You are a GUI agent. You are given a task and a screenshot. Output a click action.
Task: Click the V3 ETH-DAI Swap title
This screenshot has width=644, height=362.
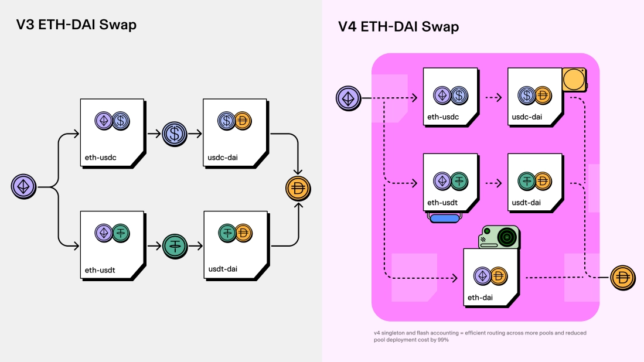click(x=76, y=25)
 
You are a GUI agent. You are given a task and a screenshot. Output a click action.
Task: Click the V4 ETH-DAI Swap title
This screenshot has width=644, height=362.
click(x=398, y=26)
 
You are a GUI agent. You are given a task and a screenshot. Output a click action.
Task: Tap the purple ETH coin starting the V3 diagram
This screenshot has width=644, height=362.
click(x=24, y=187)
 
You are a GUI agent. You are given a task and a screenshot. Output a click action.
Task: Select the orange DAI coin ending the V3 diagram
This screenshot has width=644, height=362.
click(x=298, y=189)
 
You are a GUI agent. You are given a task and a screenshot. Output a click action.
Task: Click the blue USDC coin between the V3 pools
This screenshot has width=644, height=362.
click(x=174, y=134)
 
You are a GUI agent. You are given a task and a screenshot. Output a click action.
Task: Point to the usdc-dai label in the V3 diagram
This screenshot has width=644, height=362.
click(x=223, y=158)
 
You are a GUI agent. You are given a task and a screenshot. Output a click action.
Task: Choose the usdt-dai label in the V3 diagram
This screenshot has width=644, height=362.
click(x=223, y=269)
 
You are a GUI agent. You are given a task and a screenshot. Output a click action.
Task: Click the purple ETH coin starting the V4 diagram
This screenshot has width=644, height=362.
click(x=348, y=98)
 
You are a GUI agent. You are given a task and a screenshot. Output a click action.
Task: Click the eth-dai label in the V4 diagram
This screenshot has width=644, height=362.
click(x=480, y=298)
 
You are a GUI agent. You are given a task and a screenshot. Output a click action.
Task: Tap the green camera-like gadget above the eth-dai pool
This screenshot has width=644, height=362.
click(x=499, y=237)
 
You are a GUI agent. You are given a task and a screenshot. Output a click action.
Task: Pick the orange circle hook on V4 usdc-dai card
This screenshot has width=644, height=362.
click(x=574, y=79)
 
